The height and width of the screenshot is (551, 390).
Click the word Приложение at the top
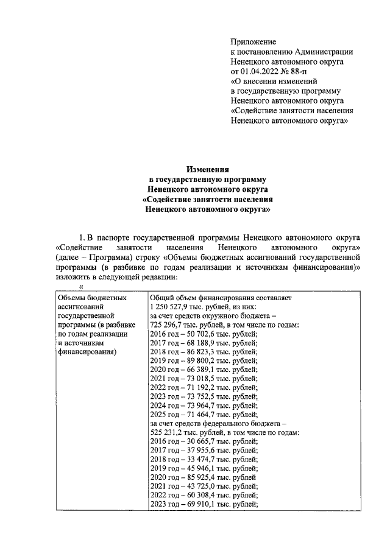pyautogui.click(x=253, y=42)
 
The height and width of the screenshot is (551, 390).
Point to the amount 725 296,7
pyautogui.click(x=168, y=325)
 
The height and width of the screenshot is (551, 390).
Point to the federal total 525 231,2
pyautogui.click(x=168, y=432)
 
